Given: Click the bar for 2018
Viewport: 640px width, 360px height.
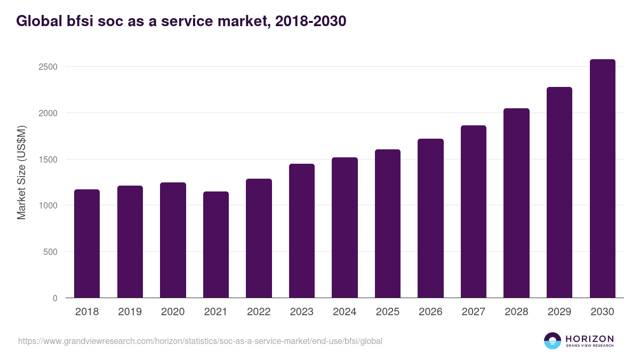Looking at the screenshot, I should point(87,244).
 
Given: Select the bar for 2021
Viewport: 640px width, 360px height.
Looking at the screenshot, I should point(215,245).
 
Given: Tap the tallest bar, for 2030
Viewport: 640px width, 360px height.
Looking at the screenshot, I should point(602,179).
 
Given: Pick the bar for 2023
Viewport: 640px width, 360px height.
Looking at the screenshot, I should point(301,231).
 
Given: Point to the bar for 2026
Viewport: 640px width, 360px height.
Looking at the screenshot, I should point(430,218).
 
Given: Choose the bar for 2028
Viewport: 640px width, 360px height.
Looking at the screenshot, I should point(516,203).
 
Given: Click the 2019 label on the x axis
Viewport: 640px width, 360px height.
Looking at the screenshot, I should point(130,312).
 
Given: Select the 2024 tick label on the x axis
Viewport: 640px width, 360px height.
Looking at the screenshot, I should point(345,312).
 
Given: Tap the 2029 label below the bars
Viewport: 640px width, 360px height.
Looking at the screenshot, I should point(559,312).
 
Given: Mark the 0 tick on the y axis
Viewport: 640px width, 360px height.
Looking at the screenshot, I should point(55,298).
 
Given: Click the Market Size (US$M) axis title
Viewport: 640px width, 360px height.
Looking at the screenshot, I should point(21,172).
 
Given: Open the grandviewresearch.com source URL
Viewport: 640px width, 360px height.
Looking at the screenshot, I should point(200,341).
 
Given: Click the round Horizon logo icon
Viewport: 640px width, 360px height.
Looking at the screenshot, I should point(553,341).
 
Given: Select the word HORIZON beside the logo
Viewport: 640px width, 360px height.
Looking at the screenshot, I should point(589,338).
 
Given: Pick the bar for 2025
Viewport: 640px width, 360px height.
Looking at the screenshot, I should point(387,223).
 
